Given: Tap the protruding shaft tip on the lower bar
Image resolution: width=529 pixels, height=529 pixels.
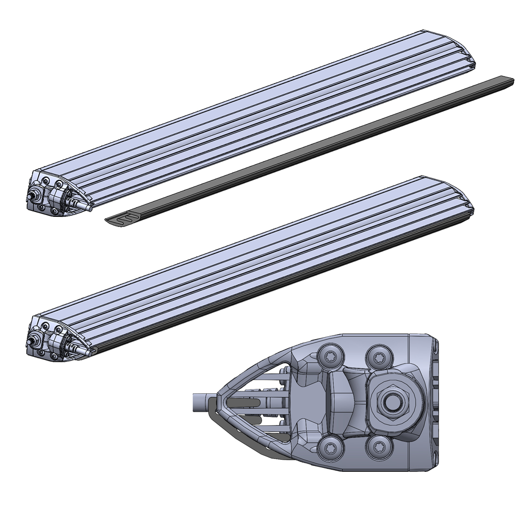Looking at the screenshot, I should pos(87,352).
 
